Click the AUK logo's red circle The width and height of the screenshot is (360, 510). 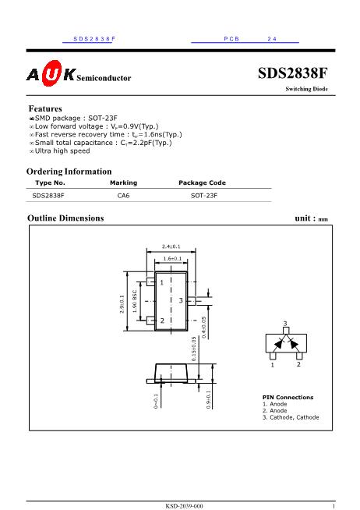pyautogui.click(x=51, y=75)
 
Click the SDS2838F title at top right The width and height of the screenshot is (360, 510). pyautogui.click(x=292, y=74)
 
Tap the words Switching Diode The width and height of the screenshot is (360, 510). pyautogui.click(x=306, y=90)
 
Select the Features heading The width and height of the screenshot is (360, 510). pyautogui.click(x=45, y=108)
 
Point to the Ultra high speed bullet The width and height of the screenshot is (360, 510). pyautogui.click(x=62, y=151)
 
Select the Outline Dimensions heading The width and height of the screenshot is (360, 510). pyautogui.click(x=65, y=218)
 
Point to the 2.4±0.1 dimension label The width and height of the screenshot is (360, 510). pyautogui.click(x=171, y=246)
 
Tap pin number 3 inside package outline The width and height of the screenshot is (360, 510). pyautogui.click(x=181, y=300)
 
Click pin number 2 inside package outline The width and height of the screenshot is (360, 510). pyautogui.click(x=162, y=321)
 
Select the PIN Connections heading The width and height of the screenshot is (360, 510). pyautogui.click(x=288, y=397)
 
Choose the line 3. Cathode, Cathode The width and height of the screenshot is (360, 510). pyautogui.click(x=290, y=417)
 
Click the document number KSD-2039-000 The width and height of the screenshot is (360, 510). pyautogui.click(x=184, y=506)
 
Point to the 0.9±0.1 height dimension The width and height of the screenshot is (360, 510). pyautogui.click(x=208, y=398)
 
